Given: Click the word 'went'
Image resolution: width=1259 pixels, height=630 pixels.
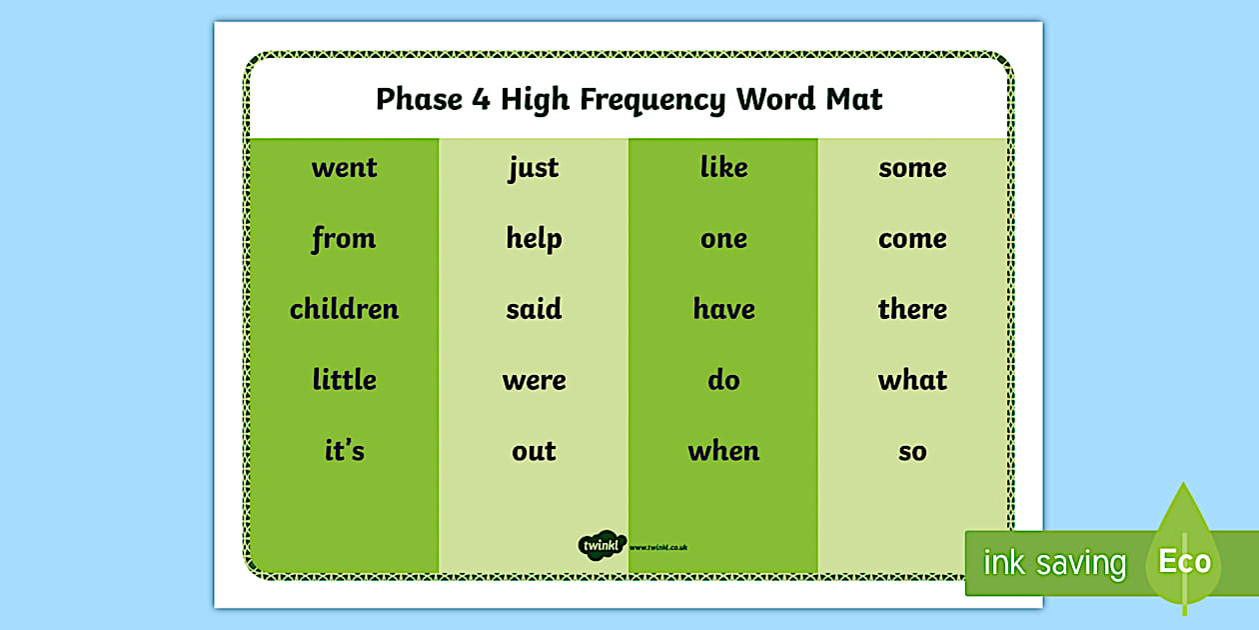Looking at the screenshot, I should coord(344,168).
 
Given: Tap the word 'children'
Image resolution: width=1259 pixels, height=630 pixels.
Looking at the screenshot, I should coord(344,309).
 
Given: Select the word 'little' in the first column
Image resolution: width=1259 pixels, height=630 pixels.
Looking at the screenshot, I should coord(344,380).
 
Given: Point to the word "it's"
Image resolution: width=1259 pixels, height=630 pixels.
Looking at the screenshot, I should coord(344,451).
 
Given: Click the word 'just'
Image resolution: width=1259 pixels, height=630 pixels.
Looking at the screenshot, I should coord(534,168).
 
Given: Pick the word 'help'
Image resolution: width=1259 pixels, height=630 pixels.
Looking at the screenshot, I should coord(534,239).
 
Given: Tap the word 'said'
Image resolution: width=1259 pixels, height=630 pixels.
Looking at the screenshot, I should coord(534,309).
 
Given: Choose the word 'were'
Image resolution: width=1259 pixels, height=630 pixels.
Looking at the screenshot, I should coord(534,381).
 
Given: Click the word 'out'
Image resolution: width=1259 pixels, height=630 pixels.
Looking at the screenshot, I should coord(534,452).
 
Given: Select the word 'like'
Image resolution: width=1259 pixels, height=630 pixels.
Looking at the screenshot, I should coord(723,167).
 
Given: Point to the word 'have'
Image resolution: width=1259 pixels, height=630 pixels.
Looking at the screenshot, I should coord(723,309).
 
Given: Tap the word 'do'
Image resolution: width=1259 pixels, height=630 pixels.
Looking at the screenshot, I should coord(723,380).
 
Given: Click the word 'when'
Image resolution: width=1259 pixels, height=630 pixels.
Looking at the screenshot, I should coord(723,451).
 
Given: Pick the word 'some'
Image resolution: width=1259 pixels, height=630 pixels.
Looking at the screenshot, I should coord(912,168).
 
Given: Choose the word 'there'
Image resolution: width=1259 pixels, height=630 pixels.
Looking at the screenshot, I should coord(912,309).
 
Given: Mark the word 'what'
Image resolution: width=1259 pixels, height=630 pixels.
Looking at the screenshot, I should coord(912,380).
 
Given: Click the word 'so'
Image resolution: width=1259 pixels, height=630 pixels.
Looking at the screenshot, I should coord(912,452).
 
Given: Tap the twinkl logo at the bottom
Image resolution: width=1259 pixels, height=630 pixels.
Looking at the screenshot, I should coord(602,545).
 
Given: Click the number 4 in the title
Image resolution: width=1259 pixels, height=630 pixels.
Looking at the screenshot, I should coord(480,100).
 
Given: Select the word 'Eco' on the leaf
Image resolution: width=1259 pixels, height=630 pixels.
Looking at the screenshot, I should coord(1184,561).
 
